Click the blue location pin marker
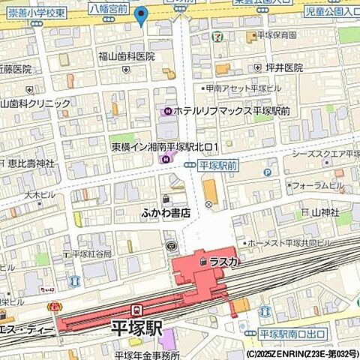pyautogui.click(x=140, y=14)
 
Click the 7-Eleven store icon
pyautogui.click(x=217, y=35)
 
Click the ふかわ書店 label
pyautogui.click(x=166, y=213)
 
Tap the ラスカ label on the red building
pyautogui.click(x=223, y=261)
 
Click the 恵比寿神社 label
pyautogui.click(x=29, y=163)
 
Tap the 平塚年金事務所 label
pyautogui.click(x=147, y=355)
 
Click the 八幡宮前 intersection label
pyautogui.click(x=107, y=8)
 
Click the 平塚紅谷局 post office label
pyautogui.click(x=91, y=254)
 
